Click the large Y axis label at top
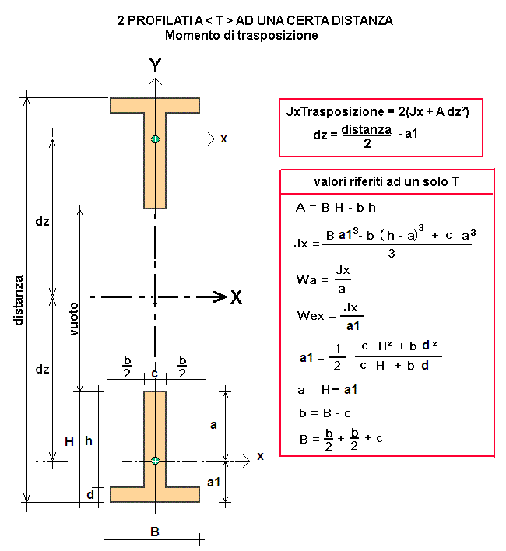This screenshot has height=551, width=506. coord(155,65)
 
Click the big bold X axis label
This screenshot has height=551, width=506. coord(237,297)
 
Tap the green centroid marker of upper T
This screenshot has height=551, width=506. coord(155,139)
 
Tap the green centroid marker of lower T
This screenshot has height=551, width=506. coord(155,461)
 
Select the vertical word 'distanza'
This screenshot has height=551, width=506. coord(19,300)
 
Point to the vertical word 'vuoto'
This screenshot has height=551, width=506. coord(73,319)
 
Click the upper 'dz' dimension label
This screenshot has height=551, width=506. coord(42,221)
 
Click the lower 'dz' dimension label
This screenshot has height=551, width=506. coord(42,370)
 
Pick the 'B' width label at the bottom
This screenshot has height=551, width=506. coord(155,532)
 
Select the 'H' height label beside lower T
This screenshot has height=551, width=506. coord(69,441)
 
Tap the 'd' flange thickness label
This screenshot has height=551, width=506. coord(90,494)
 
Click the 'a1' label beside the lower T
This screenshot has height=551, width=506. coord(213,483)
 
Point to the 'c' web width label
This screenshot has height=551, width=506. coord(155,374)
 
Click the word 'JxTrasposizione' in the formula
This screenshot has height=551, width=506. coord(336,111)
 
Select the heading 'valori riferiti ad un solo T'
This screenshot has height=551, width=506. coord(387,181)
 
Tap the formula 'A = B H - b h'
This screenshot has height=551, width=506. coord(336,208)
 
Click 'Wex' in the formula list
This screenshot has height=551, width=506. coord(311,315)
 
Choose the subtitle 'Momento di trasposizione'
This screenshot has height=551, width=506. coord(241,36)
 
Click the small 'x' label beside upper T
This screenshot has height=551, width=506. coord(224,139)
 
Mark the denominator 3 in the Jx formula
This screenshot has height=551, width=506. coord(392,254)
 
